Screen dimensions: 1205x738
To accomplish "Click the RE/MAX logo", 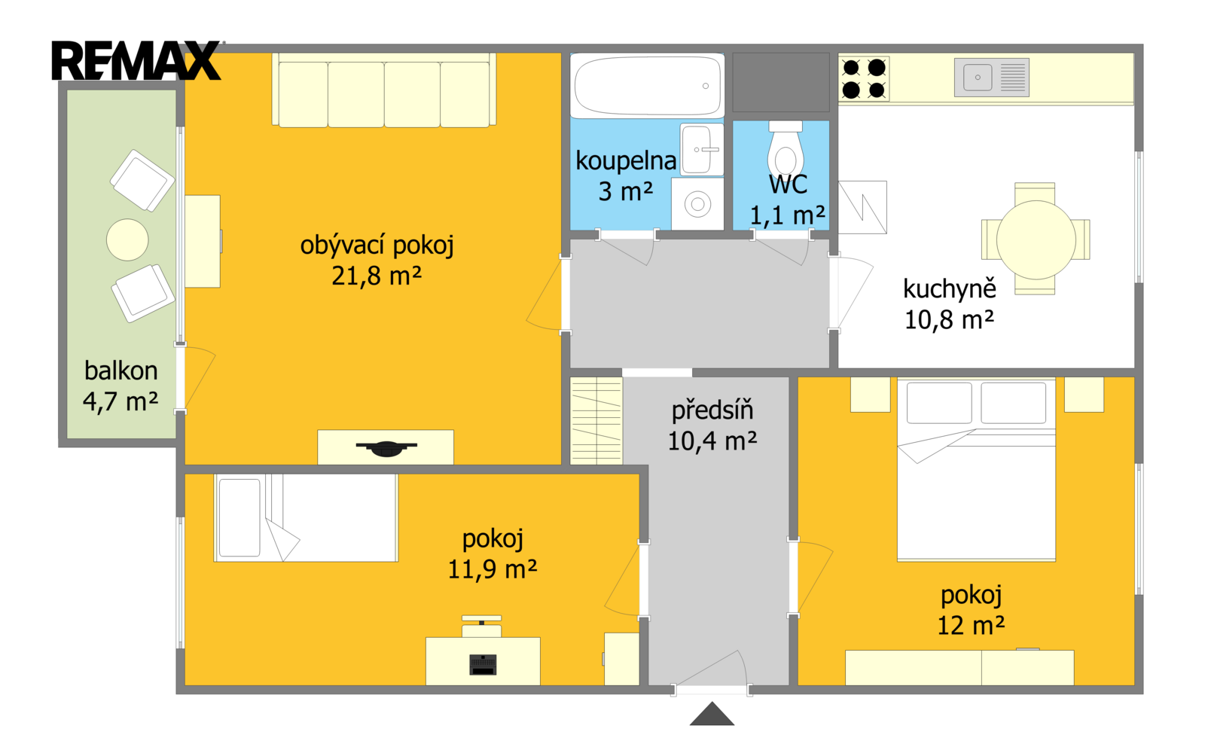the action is [136, 60].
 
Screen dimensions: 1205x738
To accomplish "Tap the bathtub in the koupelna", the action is [647, 86].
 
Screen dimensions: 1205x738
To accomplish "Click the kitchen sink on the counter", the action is [991, 78].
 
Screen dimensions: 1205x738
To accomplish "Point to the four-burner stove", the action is [864, 78].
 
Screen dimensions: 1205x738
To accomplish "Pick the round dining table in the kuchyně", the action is [1036, 240].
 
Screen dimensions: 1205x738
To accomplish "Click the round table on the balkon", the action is [127, 239].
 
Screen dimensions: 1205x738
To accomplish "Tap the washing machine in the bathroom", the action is [697, 204].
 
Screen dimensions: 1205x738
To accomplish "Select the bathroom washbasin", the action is [701, 150].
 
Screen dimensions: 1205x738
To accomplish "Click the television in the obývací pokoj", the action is [386, 447].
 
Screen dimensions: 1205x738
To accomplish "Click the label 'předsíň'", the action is [712, 411].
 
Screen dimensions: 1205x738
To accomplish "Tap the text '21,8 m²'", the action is [377, 276].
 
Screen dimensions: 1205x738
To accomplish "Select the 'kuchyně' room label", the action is [950, 289].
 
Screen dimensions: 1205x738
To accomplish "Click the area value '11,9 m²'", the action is [493, 569].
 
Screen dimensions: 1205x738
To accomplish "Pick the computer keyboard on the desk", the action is [483, 664].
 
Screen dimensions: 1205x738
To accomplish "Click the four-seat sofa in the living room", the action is [384, 90].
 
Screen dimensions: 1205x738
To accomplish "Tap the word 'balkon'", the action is [121, 371].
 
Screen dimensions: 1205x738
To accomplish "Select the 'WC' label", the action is [788, 184].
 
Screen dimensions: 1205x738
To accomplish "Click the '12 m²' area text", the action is [971, 626].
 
